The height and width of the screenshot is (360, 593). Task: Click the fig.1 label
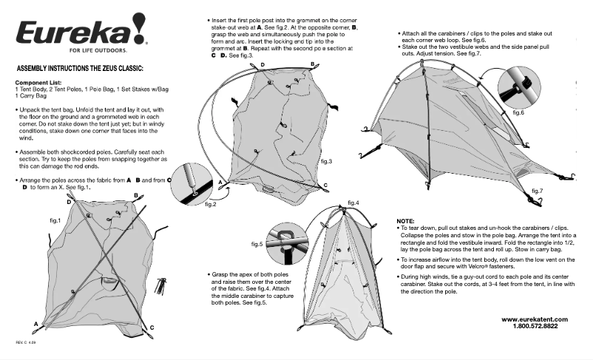tap(55, 220)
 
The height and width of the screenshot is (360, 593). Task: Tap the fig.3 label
tap(326, 160)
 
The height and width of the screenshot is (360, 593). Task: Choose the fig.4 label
tap(352, 203)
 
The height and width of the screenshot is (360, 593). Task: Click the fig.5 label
tap(257, 243)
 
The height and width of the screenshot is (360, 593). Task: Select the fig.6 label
tap(518, 112)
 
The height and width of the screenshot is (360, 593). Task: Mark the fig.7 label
tap(536, 191)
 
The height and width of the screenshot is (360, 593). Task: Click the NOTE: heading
tap(405, 221)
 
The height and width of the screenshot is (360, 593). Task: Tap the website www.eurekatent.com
tap(535, 319)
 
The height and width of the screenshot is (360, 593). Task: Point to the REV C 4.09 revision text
tap(26, 343)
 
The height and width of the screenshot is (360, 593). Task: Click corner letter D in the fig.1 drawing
tap(69, 202)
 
